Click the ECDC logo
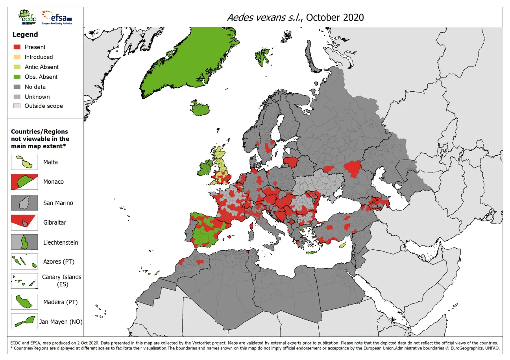(26, 17)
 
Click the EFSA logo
(57, 17)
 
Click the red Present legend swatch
(17, 47)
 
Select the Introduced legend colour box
(17, 57)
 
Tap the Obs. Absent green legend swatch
(17, 77)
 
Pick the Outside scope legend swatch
(17, 106)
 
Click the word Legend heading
(25, 34)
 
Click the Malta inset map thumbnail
(24, 162)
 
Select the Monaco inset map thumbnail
(24, 182)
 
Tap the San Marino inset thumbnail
(24, 203)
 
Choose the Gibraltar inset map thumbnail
(24, 222)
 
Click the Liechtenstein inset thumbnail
(24, 242)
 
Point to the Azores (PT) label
(59, 262)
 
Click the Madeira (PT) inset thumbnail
(24, 302)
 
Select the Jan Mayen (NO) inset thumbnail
(24, 321)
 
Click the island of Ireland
(204, 168)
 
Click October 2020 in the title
(334, 17)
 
